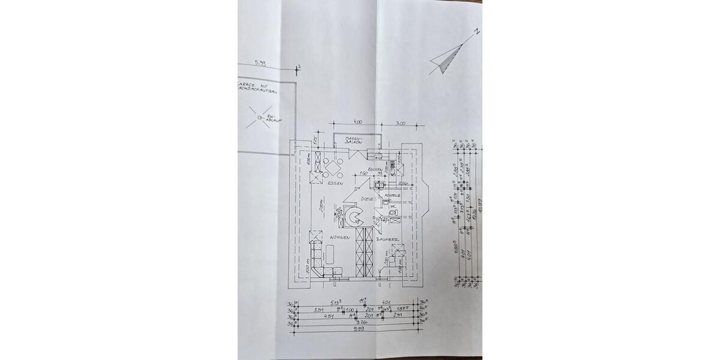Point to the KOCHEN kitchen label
point(376,170)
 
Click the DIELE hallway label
point(367,199)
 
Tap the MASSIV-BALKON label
point(353,140)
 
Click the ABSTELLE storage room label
point(392,195)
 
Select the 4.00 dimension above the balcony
point(357,122)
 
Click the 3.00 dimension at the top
point(400,124)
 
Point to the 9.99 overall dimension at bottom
point(359,328)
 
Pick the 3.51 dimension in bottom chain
point(319,310)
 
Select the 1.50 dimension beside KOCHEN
point(363,174)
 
